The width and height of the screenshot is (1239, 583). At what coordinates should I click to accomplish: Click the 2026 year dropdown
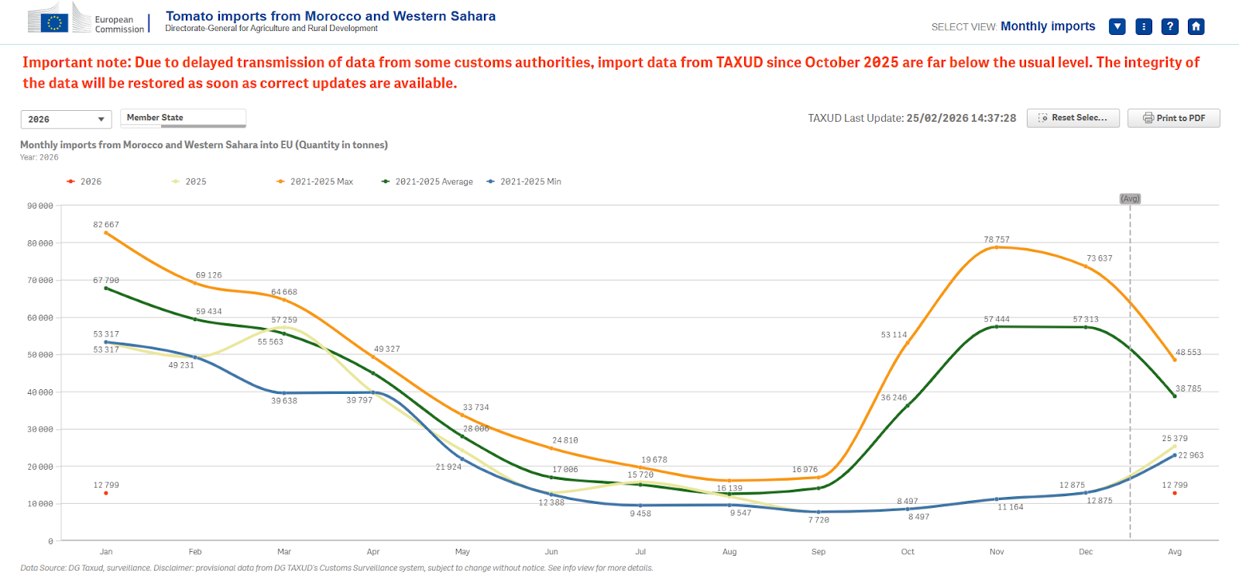pos(66,119)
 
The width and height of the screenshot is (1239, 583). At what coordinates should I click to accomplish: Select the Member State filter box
pos(183,118)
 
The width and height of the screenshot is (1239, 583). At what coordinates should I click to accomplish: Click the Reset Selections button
pos(1073,118)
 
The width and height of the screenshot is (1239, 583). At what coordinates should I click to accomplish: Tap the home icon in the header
pos(1196,26)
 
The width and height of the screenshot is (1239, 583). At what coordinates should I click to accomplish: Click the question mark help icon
pos(1169,26)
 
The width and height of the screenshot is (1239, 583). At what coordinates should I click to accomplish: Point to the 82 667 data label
pos(106,225)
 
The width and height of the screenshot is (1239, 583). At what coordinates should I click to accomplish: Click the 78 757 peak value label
pos(997,240)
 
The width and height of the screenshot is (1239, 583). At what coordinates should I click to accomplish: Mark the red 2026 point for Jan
pos(106,493)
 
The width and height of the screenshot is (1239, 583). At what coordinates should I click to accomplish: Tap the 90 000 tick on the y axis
pos(40,206)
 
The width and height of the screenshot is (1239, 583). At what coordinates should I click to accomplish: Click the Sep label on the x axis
pos(819,552)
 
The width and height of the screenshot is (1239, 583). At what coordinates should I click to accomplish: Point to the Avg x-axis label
pos(1175,552)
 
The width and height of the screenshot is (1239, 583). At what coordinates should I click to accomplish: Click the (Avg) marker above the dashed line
pos(1130,198)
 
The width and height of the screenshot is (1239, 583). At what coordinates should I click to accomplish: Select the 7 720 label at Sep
pos(819,520)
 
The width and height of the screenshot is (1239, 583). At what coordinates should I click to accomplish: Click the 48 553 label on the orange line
pos(1188,352)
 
